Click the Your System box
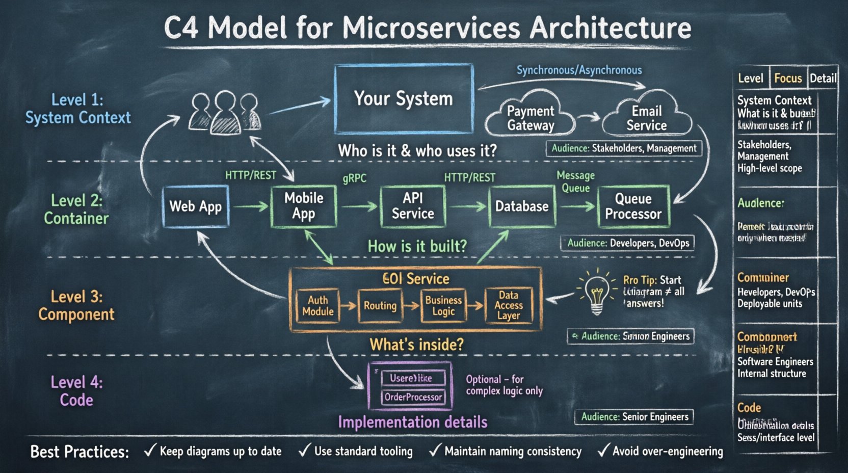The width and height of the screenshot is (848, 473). coord(404,98)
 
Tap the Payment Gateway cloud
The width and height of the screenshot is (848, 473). coord(530,117)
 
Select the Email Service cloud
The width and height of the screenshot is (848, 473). coord(646,117)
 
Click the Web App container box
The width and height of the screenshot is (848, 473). coord(196,206)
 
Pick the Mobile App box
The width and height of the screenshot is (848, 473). coord(304,206)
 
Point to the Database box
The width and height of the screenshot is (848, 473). coord(522,206)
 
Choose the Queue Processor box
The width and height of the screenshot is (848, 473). coord(633,206)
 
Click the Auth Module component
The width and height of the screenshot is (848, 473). coord(317,306)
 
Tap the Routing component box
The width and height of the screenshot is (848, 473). coord(380,306)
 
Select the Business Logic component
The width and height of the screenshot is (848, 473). coord(443,306)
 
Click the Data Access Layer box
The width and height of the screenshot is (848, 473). coord(509,305)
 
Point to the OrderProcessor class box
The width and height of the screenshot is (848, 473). coord(413,397)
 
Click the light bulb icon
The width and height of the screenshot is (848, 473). coord(596,294)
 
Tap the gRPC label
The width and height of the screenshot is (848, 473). coord(354,178)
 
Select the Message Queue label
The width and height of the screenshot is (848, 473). coord(575,181)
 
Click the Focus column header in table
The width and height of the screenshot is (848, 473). coord(788,78)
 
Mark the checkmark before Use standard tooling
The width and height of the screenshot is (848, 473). coord(305,450)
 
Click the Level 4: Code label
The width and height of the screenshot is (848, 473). coord(76,391)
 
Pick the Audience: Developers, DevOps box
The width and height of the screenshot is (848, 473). coord(628,243)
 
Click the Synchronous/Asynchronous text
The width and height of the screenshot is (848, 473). coord(579,70)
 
